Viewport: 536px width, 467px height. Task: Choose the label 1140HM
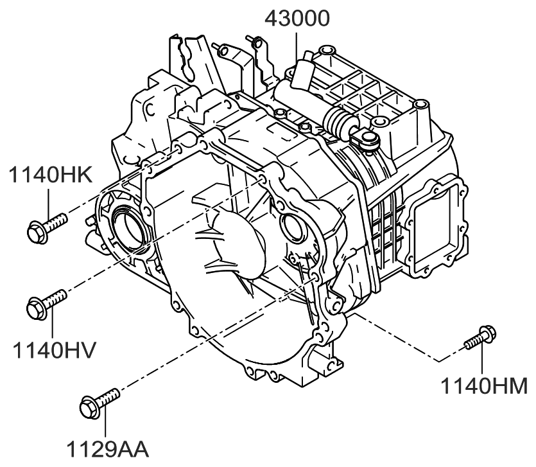click(x=484, y=386)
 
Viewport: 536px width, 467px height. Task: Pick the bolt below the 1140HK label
click(x=47, y=227)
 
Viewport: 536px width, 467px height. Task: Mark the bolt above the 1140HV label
click(x=47, y=304)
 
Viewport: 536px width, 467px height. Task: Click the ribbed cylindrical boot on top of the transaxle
click(x=336, y=119)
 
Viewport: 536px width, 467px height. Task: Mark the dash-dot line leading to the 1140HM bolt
click(x=398, y=337)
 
